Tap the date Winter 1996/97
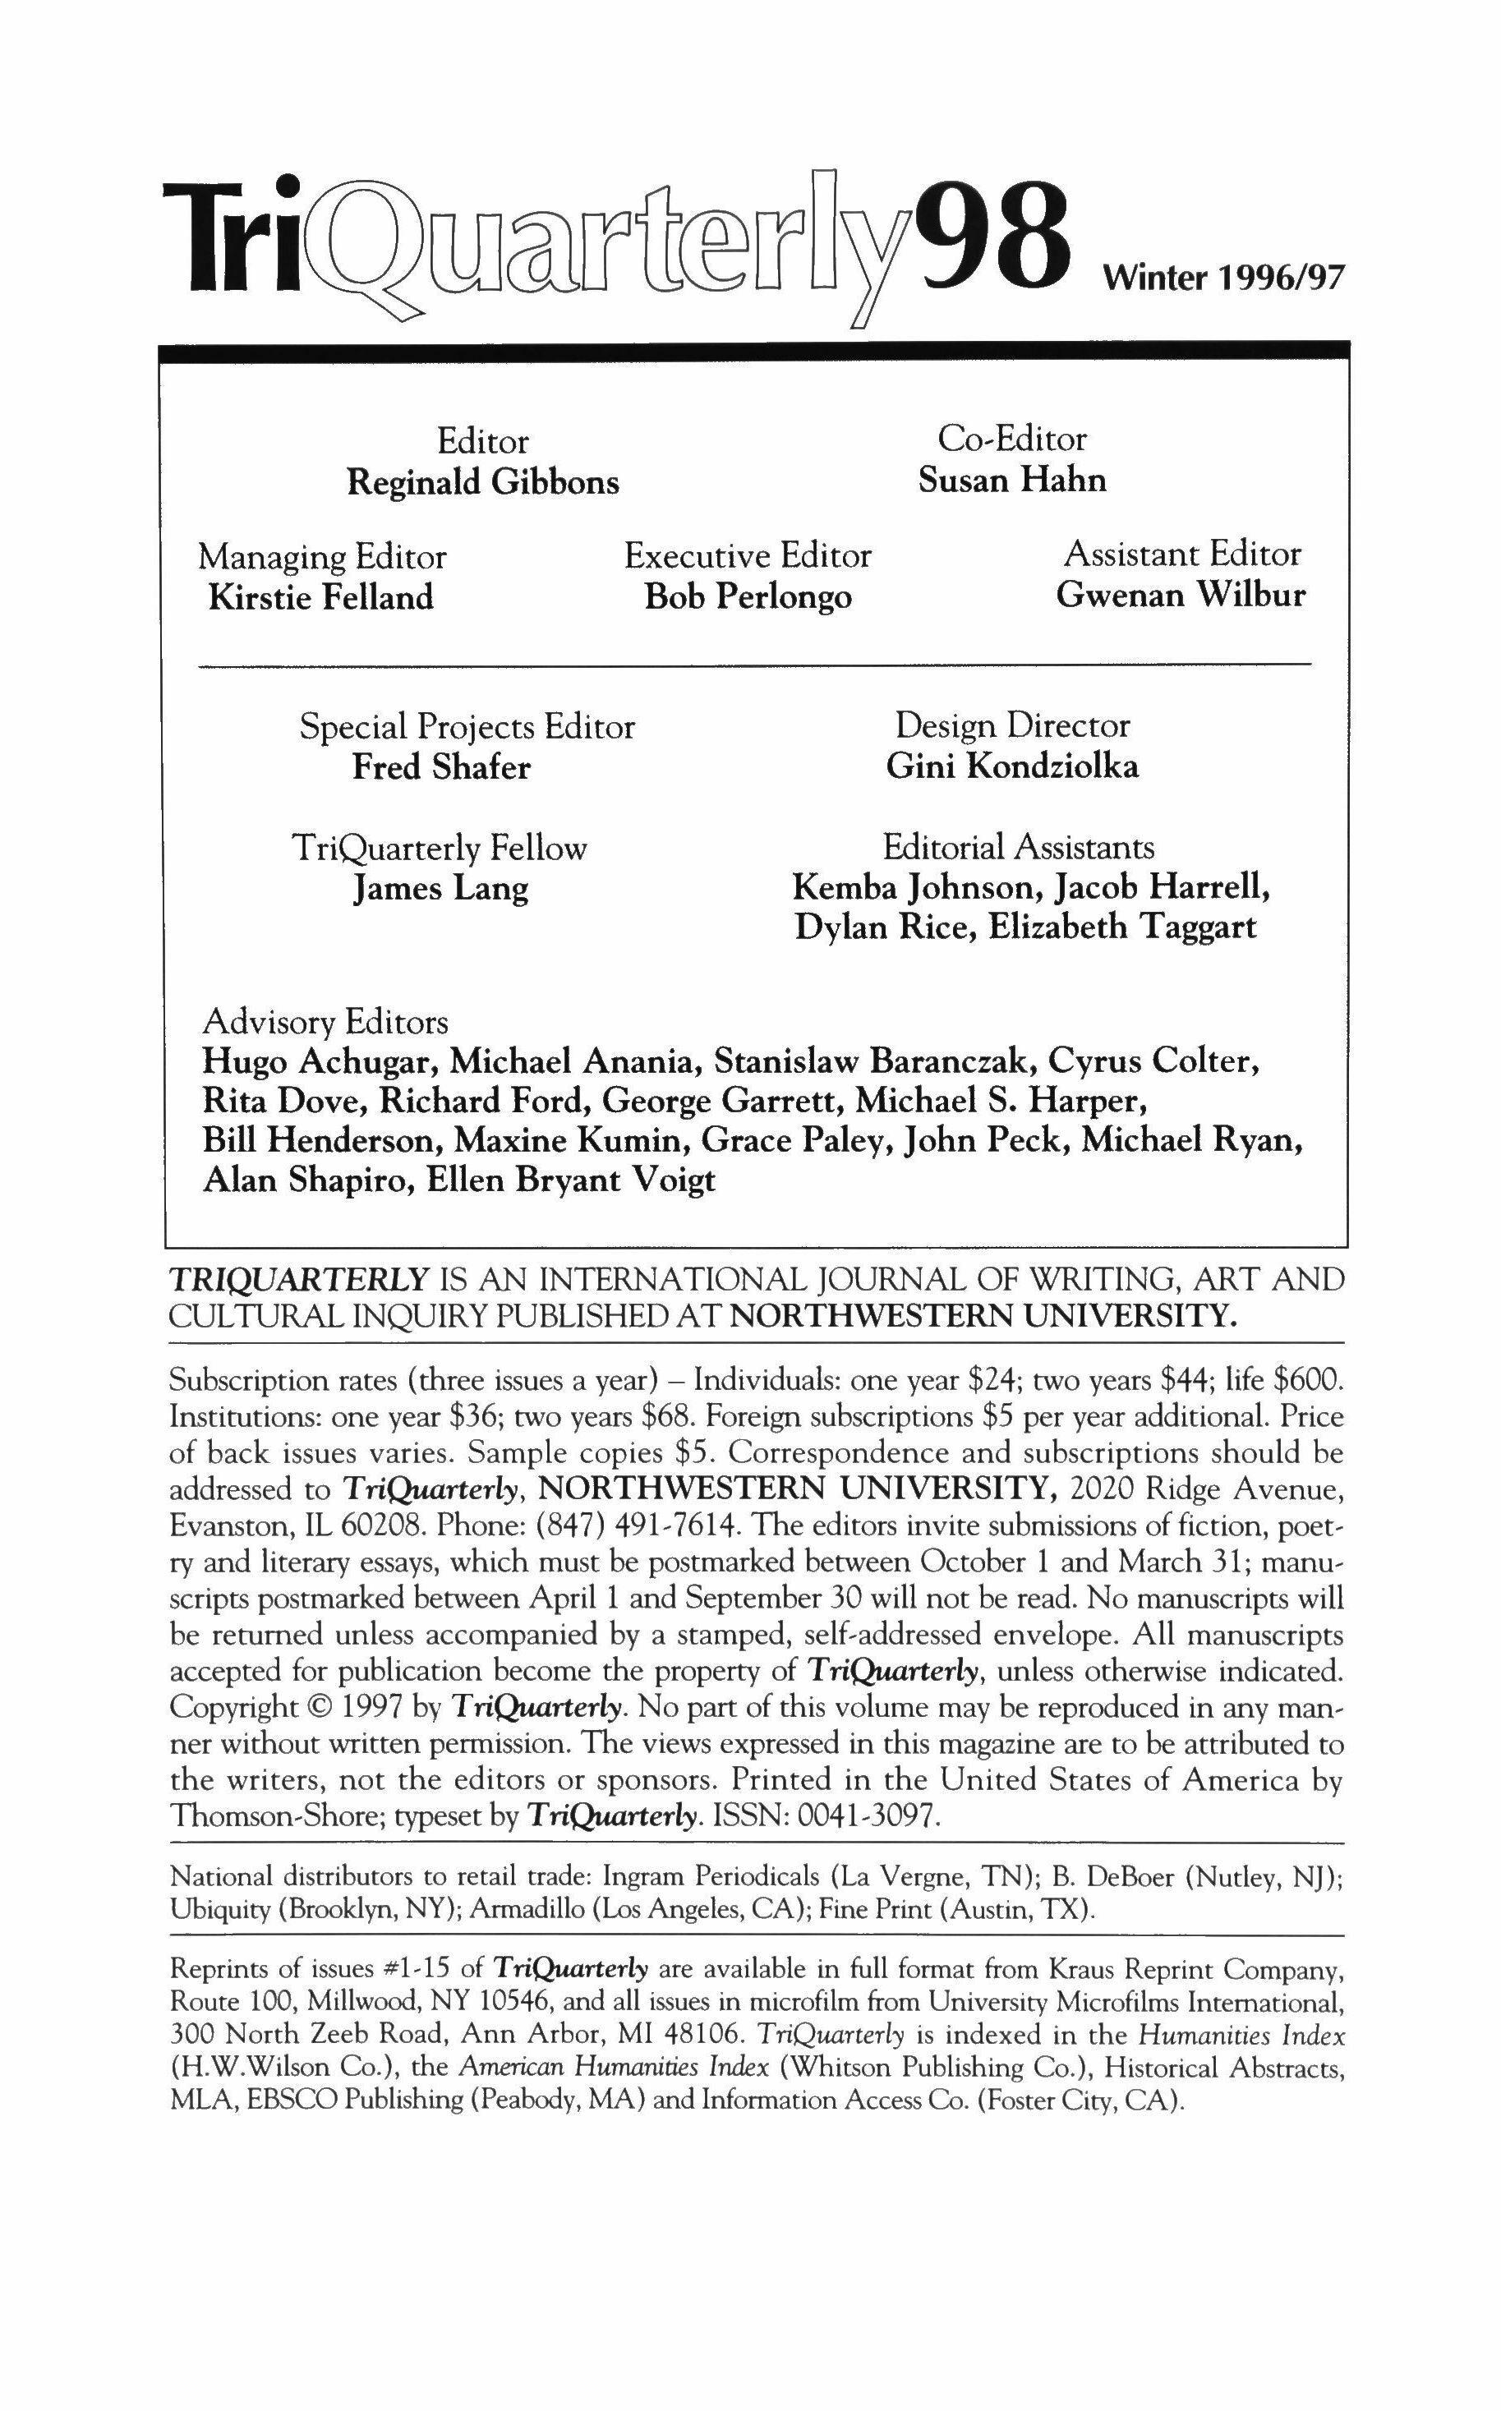[1223, 277]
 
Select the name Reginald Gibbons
[482, 482]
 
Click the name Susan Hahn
[1011, 481]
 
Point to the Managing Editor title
[322, 557]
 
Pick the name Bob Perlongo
[748, 596]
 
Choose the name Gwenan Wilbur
[1181, 595]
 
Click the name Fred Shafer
[442, 767]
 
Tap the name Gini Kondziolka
[1012, 766]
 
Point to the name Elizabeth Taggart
[1123, 927]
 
